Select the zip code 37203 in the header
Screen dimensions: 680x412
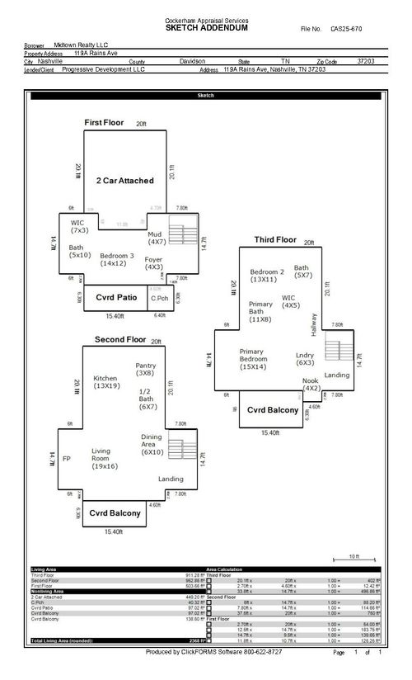click(x=366, y=61)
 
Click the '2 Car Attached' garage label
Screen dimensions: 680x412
click(x=125, y=180)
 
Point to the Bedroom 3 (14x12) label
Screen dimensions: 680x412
click(x=114, y=259)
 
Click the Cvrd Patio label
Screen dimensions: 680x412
click(x=116, y=296)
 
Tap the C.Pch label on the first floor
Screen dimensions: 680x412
click(x=160, y=297)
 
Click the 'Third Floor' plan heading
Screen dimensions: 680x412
click(x=274, y=239)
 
